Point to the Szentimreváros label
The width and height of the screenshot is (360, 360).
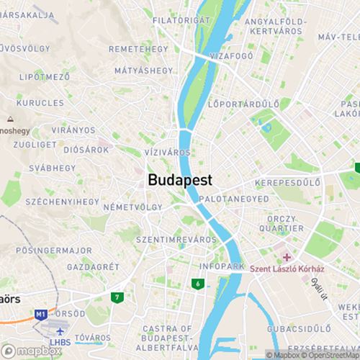tap(176, 238)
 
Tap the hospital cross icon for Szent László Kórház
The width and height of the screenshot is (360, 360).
tap(287, 257)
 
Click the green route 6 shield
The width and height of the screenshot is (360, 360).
tap(197, 284)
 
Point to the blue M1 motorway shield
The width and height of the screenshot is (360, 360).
tap(40, 315)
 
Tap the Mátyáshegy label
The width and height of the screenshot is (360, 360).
tap(143, 71)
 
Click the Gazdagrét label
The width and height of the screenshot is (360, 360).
tap(91, 266)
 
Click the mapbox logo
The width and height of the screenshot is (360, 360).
tap(31, 351)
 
